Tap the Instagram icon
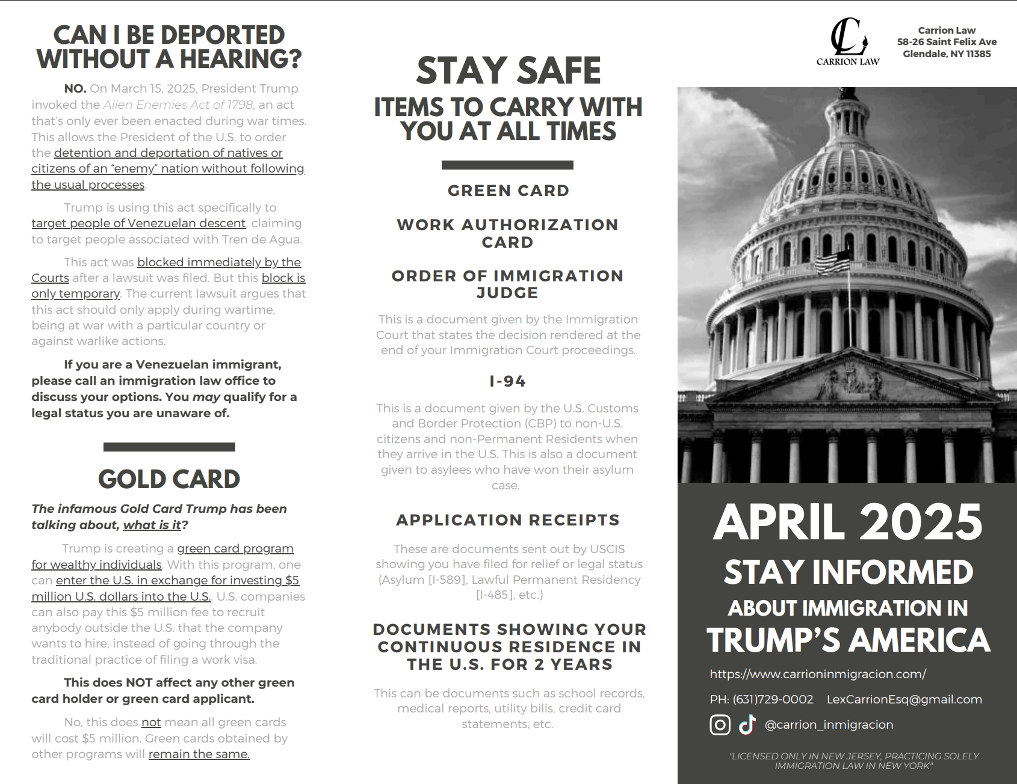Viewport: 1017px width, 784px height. pyautogui.click(x=720, y=724)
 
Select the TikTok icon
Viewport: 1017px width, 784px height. pyautogui.click(x=747, y=724)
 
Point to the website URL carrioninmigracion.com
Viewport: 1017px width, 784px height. pyautogui.click(x=817, y=674)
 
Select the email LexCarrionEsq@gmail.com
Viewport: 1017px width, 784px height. pyautogui.click(x=904, y=699)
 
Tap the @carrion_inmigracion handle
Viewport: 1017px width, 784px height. pyautogui.click(x=829, y=724)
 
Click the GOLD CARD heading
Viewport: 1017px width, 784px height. pyautogui.click(x=169, y=479)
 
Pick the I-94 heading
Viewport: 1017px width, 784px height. pyautogui.click(x=507, y=381)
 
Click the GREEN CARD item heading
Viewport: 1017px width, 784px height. pyautogui.click(x=508, y=191)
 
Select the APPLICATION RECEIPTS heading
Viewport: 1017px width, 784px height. pyautogui.click(x=507, y=520)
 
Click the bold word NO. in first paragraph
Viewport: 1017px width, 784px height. pyautogui.click(x=75, y=88)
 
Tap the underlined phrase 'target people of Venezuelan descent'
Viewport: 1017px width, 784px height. pyautogui.click(x=138, y=223)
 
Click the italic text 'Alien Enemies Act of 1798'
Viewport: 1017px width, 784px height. pyautogui.click(x=178, y=105)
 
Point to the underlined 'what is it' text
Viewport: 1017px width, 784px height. pyautogui.click(x=152, y=525)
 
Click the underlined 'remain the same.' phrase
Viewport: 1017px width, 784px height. pyautogui.click(x=199, y=754)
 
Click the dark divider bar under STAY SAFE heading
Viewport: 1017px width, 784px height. pyautogui.click(x=507, y=165)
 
